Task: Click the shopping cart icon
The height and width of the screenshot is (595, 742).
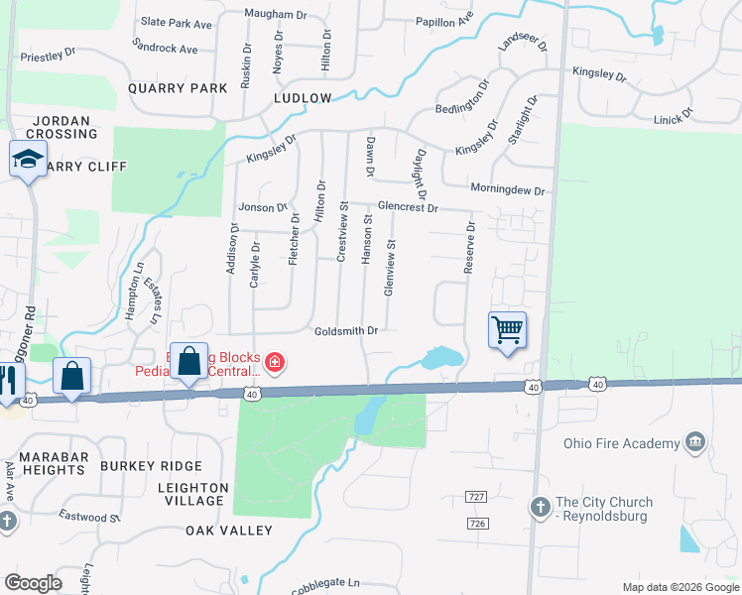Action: coord(507,329)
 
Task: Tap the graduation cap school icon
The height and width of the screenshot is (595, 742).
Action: coord(29,159)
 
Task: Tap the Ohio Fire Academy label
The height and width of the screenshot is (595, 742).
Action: coord(621,443)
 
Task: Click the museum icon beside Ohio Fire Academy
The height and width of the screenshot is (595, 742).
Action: coord(695,441)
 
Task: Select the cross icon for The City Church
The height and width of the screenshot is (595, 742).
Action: coord(540,507)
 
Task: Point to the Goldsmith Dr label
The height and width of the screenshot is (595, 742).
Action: coord(346,331)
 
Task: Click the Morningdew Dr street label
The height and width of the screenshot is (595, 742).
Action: coord(508,189)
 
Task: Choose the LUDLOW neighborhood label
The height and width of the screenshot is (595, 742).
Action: coord(303,99)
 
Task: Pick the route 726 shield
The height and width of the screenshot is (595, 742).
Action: coord(479,523)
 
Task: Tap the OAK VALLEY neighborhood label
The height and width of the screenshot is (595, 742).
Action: coord(229,531)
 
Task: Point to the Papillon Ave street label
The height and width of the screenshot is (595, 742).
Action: coord(445,20)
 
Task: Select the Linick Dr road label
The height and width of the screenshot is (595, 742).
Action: coord(675,119)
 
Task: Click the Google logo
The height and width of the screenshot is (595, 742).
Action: coord(34,583)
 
